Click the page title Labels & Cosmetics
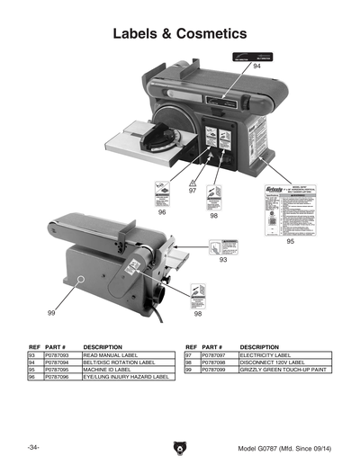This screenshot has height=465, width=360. (x=179, y=33)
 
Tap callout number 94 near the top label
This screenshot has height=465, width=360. (x=256, y=67)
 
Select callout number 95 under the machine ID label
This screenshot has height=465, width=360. (x=291, y=242)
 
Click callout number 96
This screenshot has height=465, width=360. (x=162, y=213)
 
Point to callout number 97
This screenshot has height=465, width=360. (x=193, y=191)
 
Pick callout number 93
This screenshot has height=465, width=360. (x=222, y=260)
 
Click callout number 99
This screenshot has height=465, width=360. (x=51, y=312)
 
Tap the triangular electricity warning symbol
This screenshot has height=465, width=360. (x=192, y=181)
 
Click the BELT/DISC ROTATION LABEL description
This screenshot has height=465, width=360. (x=118, y=362)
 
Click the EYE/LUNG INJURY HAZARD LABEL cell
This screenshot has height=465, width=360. (x=125, y=377)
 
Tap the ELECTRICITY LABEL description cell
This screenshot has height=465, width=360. (x=265, y=355)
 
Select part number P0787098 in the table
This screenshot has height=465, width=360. (x=215, y=362)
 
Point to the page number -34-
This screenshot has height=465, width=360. (x=33, y=448)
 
